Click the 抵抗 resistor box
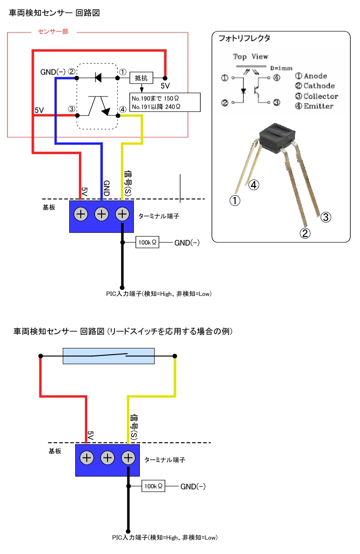point(141,78)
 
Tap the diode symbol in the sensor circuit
point(98,78)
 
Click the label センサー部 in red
point(53,32)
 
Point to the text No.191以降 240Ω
point(156,106)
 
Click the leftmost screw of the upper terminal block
point(81,214)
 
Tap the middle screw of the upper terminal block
point(102,214)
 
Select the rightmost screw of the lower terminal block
point(128,458)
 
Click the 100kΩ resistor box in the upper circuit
point(147,242)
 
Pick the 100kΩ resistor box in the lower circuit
point(154,487)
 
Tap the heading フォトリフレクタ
point(244,38)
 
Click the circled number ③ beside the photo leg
point(326,217)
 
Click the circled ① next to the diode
point(123,72)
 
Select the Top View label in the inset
point(251,57)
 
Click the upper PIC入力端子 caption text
point(158,294)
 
